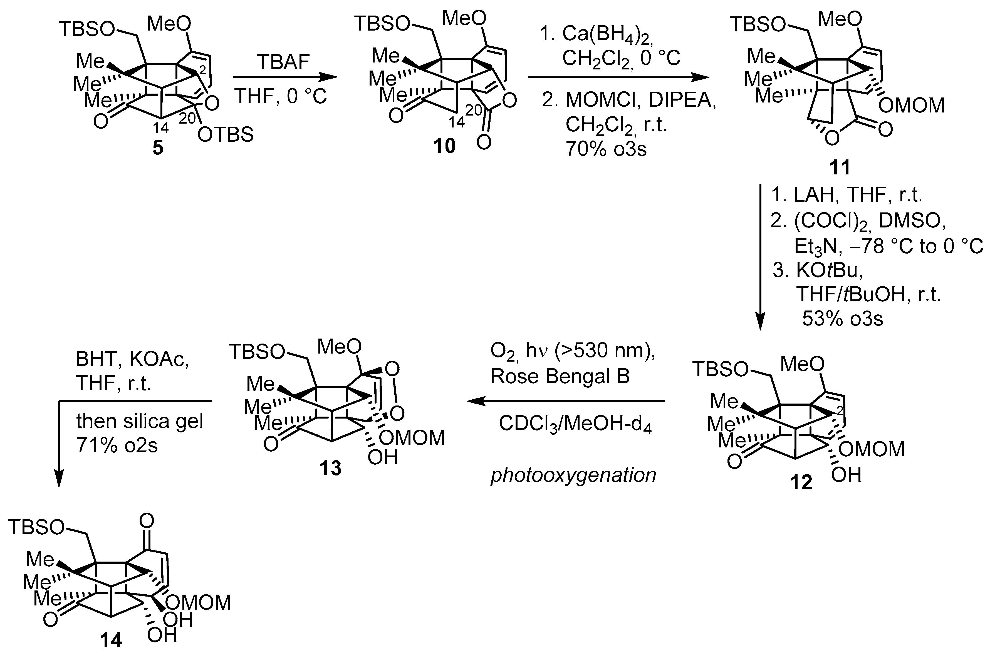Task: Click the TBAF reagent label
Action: [284, 62]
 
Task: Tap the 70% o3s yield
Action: [606, 149]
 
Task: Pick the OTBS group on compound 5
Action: [225, 135]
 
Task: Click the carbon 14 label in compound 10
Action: [457, 122]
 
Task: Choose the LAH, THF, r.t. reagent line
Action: [846, 194]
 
